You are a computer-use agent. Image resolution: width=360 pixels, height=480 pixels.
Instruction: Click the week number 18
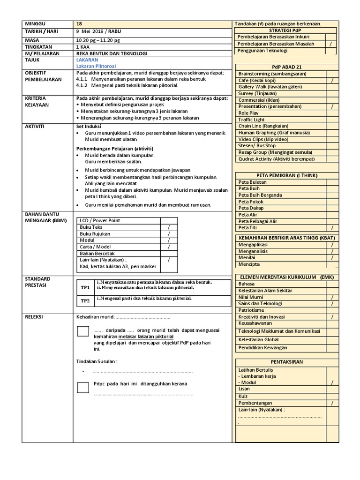pos(79,24)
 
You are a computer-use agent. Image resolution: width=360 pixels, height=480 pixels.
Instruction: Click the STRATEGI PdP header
pos(286,30)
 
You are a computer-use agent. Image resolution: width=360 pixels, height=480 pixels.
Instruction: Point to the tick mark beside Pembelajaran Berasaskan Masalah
pos(330,44)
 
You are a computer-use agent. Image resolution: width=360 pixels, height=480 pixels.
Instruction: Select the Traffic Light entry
pos(252,120)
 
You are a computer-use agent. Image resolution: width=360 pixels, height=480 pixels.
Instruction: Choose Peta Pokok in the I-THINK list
pos(251,202)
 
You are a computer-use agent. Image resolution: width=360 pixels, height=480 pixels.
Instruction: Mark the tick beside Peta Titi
pos(331,228)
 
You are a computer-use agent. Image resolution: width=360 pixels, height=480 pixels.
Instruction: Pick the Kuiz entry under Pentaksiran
pos(243,396)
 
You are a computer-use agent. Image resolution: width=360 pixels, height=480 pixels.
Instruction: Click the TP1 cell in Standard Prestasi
pos(85,287)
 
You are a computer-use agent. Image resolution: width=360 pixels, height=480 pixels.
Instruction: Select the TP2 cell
pos(85,301)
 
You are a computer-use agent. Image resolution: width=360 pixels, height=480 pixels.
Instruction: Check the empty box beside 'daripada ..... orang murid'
pos(82,331)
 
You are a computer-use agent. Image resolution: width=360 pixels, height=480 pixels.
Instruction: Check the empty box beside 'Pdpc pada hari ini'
pos(82,387)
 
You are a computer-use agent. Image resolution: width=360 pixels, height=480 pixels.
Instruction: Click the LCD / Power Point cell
pos(100,220)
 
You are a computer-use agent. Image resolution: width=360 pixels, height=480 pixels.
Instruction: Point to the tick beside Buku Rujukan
pos(168,233)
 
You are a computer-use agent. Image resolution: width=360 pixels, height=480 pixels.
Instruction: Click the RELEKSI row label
pos(35,317)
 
